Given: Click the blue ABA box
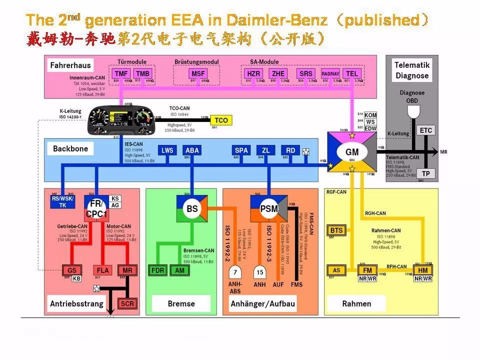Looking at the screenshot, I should [x=192, y=150].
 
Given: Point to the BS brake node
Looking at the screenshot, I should [x=192, y=209].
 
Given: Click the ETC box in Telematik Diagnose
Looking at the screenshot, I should [x=425, y=130].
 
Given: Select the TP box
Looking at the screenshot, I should [x=425, y=173].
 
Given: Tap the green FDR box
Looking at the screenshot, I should [x=158, y=270].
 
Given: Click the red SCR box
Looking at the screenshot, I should [x=127, y=303].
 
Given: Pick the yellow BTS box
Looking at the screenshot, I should [x=337, y=230].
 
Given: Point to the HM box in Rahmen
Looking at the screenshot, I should [x=423, y=270].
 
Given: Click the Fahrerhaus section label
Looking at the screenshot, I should [x=70, y=65].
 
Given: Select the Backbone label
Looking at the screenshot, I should [x=70, y=148].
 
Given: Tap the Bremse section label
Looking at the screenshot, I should [x=181, y=303].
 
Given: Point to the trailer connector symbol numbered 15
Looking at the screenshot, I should [x=259, y=272].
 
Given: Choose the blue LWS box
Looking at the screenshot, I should [x=167, y=150].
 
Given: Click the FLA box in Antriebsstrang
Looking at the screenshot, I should [x=103, y=270].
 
